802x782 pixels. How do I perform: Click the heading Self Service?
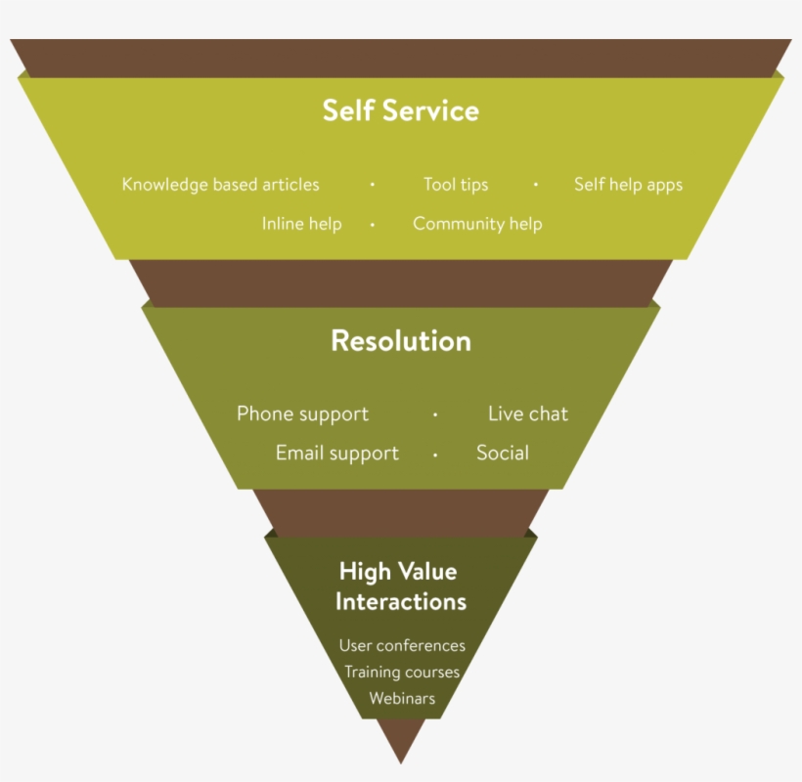pos(401,110)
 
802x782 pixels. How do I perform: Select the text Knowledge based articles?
pos(220,185)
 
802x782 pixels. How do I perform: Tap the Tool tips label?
pos(456,185)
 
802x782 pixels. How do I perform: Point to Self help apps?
pos(628,185)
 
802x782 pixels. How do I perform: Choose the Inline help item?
pos(301,224)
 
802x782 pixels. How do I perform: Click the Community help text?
pos(477,224)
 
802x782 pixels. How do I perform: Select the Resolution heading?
pos(401,340)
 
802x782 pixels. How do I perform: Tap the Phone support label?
pos(302,413)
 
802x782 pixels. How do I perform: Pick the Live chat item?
pos(528,413)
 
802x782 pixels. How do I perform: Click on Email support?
pos(337,454)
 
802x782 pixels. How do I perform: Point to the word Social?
pos(503,454)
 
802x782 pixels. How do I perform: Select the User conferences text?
pos(402,645)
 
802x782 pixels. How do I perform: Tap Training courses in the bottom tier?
pos(402,673)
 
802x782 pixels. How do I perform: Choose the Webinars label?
pos(402,699)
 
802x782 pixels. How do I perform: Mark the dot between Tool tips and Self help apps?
pos(536,185)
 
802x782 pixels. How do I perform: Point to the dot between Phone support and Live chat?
pos(435,414)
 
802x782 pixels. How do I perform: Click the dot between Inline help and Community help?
pos(373,224)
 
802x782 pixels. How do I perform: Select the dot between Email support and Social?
pos(435,455)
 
